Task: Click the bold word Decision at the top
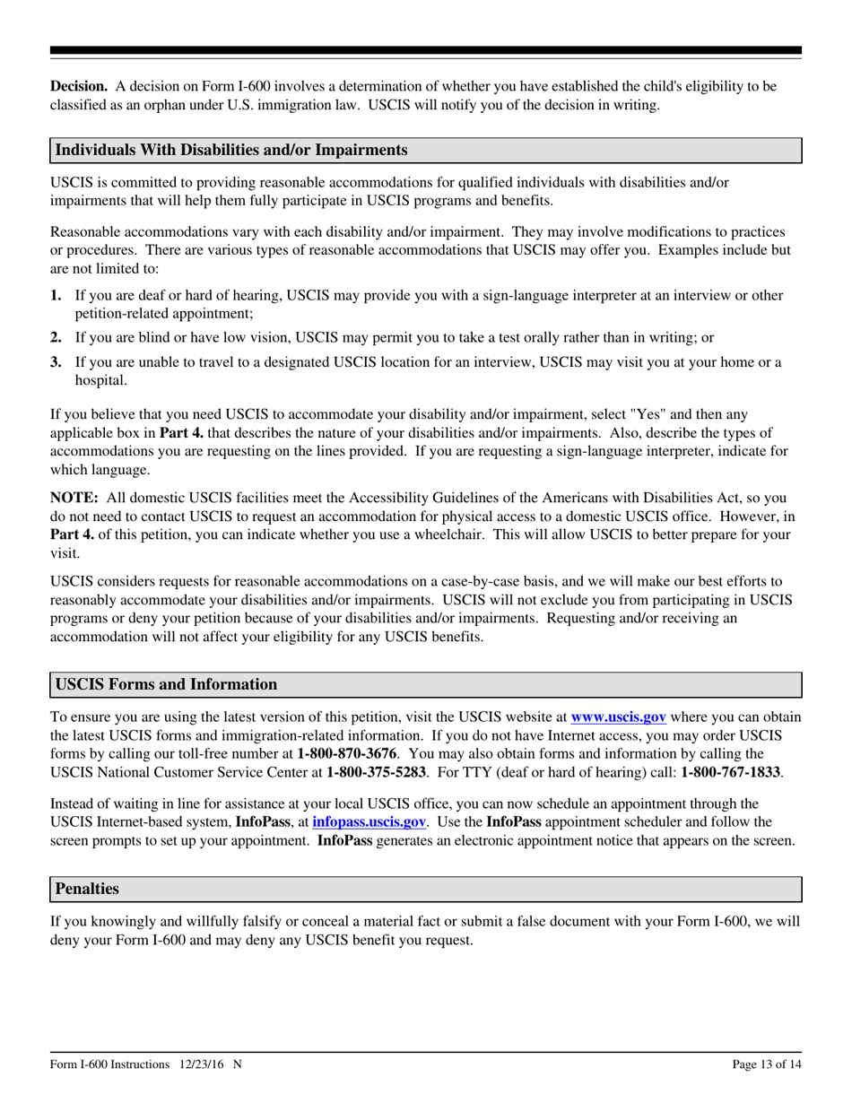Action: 79,87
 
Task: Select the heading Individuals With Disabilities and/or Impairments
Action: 231,150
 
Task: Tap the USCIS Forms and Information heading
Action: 166,685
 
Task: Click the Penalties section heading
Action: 87,889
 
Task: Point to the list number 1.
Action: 57,296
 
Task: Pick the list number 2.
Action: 57,338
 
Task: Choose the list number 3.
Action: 57,362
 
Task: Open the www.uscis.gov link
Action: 618,717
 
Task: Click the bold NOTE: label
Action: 74,498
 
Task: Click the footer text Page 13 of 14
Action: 766,1064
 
